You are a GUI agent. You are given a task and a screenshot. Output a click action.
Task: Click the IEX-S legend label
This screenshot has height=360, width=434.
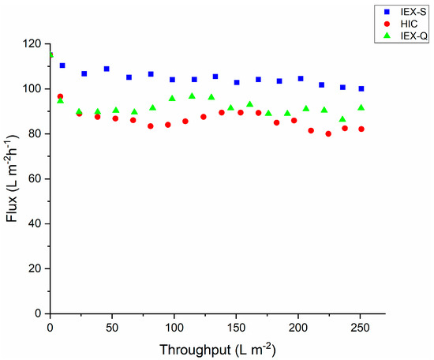tap(410, 12)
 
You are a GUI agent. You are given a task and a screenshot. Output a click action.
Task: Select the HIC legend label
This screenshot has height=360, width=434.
tap(406, 24)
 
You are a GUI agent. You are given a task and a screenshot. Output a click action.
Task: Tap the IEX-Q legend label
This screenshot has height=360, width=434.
tap(410, 36)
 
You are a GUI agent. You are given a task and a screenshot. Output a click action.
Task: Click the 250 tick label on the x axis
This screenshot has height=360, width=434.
tap(359, 328)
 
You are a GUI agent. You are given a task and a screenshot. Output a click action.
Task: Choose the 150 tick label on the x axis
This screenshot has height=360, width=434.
tap(235, 328)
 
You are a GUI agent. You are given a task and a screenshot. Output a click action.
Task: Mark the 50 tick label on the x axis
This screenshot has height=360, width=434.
tap(111, 328)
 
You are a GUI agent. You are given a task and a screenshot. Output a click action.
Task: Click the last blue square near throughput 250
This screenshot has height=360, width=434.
tap(361, 88)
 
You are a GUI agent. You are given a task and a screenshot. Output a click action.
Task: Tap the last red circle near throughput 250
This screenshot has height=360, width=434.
tap(361, 129)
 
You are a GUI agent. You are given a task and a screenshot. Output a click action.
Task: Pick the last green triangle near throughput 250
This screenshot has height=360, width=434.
tap(361, 107)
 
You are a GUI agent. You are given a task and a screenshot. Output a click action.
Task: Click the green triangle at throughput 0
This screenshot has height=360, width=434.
tap(51, 54)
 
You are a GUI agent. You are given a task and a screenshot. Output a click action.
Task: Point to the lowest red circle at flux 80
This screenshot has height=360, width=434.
tap(328, 133)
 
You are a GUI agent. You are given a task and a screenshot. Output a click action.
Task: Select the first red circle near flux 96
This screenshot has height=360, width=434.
tap(60, 96)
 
